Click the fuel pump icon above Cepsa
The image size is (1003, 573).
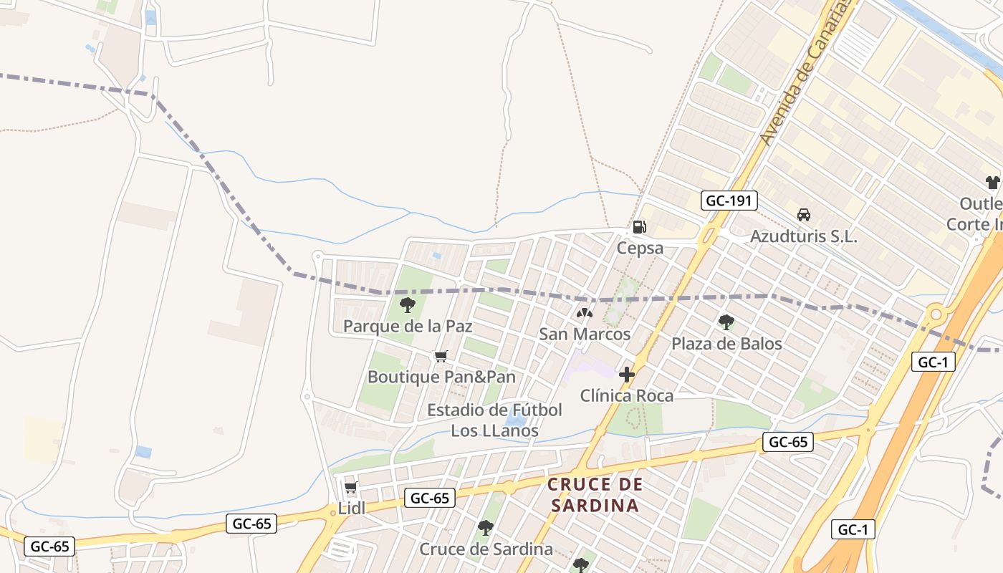(x=639, y=227)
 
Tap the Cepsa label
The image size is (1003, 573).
(x=640, y=249)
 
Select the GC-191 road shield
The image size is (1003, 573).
(x=729, y=201)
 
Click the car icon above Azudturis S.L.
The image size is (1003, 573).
(x=804, y=214)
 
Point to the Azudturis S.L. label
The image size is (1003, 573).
(x=803, y=236)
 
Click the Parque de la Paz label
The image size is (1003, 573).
(x=408, y=327)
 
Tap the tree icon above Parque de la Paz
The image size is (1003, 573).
(x=408, y=305)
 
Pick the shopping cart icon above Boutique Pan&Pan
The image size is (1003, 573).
(x=441, y=356)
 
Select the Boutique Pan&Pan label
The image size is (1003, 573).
(x=441, y=377)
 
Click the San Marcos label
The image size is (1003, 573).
(x=585, y=334)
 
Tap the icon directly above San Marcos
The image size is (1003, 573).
(x=585, y=313)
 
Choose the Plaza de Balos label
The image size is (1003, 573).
(x=726, y=344)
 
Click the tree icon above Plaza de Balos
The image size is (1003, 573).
(x=726, y=322)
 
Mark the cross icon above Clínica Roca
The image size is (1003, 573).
(x=627, y=374)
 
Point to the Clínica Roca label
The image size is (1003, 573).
(x=627, y=395)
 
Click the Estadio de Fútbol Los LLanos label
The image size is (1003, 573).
(x=494, y=420)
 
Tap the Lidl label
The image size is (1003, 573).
(x=352, y=509)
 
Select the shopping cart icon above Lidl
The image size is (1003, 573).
(x=351, y=488)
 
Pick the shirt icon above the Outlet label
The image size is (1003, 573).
(x=992, y=183)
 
